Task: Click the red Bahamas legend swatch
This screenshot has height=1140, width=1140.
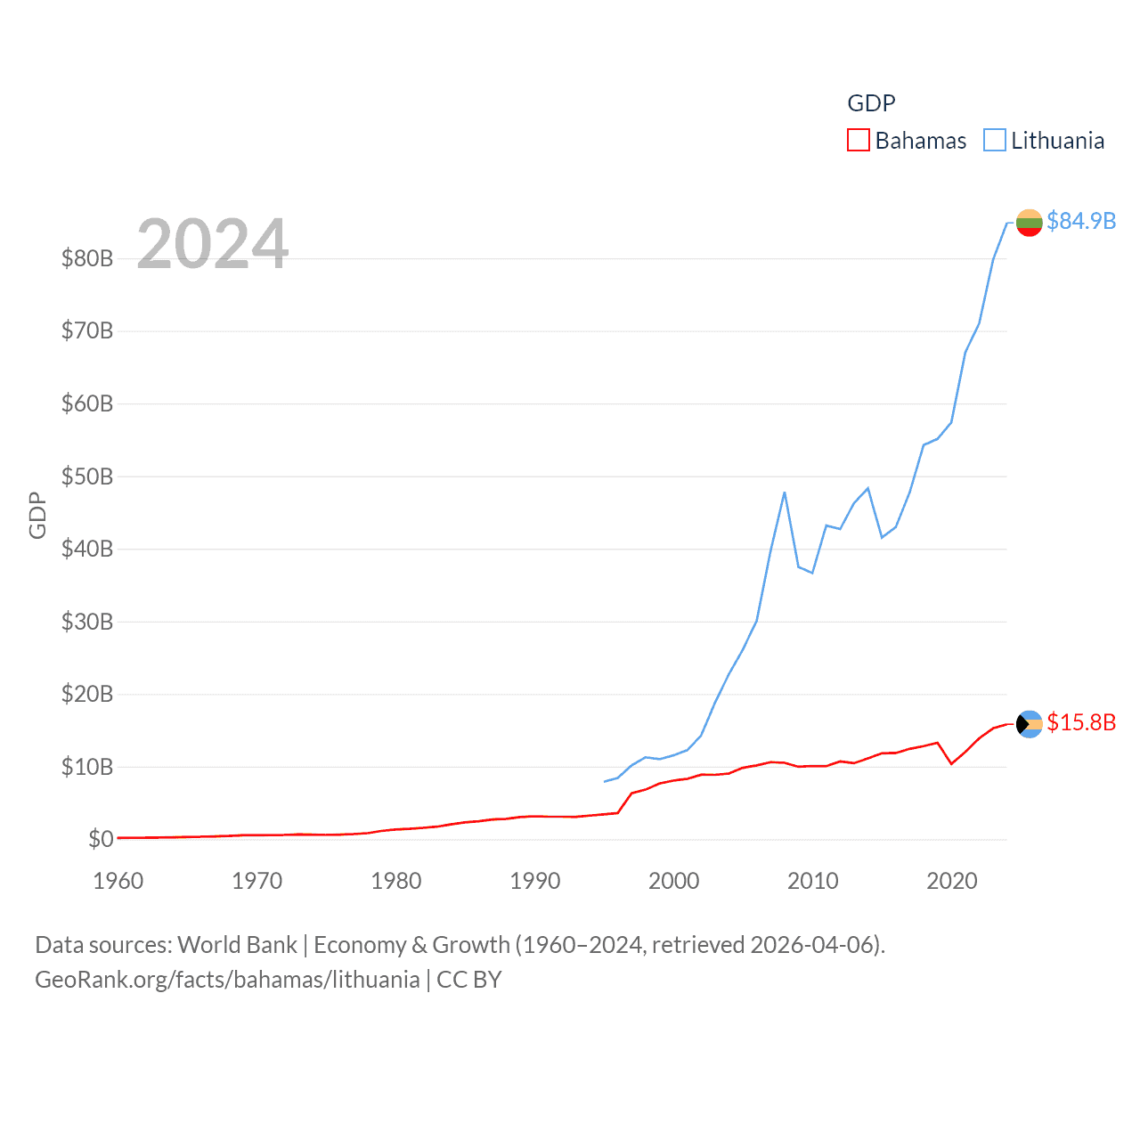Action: [x=858, y=141]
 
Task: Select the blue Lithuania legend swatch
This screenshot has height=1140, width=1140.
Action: [x=994, y=141]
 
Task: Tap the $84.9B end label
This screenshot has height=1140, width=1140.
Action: [x=1081, y=221]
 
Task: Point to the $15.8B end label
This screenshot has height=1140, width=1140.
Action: [x=1081, y=722]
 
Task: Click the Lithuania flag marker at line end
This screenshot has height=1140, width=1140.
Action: [x=1029, y=223]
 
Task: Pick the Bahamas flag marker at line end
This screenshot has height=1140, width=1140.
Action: [x=1029, y=724]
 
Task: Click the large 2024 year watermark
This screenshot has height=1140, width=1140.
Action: [x=213, y=243]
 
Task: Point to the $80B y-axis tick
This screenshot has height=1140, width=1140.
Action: [x=87, y=259]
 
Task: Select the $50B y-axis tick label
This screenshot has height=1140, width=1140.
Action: [x=87, y=476]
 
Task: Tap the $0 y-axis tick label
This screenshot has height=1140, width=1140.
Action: [x=101, y=839]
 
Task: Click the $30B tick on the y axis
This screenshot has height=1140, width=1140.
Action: [x=87, y=622]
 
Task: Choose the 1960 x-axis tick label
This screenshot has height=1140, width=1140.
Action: [x=118, y=881]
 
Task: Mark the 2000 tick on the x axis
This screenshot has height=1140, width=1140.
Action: [x=674, y=881]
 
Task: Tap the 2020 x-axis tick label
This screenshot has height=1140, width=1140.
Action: [x=952, y=881]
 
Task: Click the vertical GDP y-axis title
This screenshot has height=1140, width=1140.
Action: [x=37, y=515]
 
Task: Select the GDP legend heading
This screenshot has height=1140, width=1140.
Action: [x=871, y=103]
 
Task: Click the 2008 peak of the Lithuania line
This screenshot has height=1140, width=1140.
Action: [x=785, y=492]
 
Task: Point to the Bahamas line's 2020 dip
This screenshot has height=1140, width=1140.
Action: [x=951, y=763]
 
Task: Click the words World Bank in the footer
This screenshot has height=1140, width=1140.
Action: [x=237, y=944]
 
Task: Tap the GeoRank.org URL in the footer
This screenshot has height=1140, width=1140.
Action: [x=227, y=980]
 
